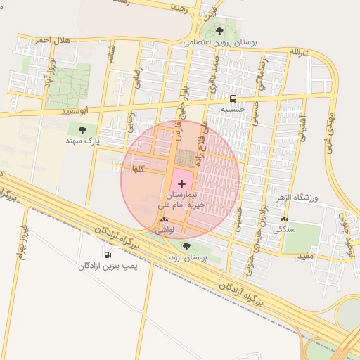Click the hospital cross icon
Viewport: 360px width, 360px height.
(182, 184)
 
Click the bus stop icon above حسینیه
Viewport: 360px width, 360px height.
(233, 98)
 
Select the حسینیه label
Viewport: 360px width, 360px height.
(233, 109)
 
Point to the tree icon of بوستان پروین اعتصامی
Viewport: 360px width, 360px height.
(220, 31)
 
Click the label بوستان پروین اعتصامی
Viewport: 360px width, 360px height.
(221, 42)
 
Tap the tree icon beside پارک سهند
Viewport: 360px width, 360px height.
(83, 129)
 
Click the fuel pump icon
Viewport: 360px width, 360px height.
(108, 255)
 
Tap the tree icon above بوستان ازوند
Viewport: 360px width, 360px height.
(186, 246)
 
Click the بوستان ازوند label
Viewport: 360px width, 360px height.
(186, 257)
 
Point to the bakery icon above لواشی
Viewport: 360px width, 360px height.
(164, 220)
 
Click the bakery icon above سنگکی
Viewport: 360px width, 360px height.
(284, 219)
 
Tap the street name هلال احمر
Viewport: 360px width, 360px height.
(53, 41)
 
